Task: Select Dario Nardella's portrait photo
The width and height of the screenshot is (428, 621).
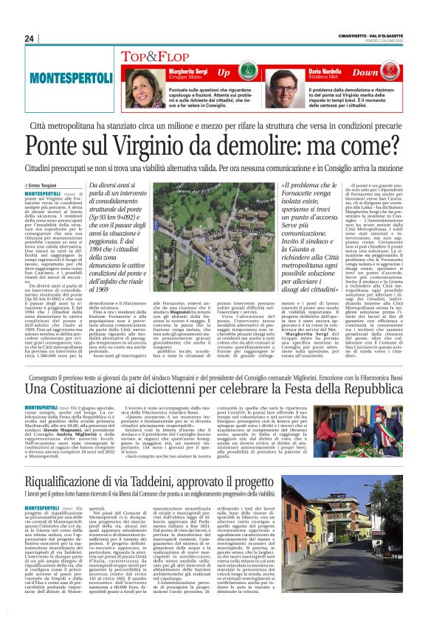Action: point(283,82)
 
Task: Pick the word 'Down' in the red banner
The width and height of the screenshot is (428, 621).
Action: point(386,73)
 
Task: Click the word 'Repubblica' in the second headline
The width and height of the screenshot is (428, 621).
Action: point(371,388)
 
